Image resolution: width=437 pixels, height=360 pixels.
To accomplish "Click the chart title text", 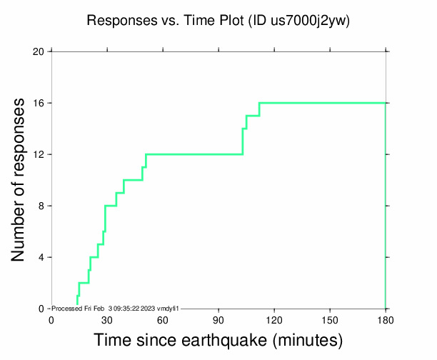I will point(218,21).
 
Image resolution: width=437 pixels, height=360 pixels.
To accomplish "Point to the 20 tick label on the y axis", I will point(39,51).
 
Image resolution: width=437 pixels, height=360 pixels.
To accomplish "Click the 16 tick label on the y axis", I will point(39,103).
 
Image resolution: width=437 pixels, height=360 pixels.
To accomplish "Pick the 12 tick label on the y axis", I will point(39,154).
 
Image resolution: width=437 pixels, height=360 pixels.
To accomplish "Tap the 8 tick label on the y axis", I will point(41,206).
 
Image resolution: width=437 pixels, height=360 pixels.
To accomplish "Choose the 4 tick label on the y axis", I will point(41,257).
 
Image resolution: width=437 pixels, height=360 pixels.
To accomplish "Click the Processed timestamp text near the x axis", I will point(115,309).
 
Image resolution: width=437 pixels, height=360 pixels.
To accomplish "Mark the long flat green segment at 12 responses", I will point(193,154).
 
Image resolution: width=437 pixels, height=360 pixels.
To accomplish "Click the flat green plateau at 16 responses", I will point(321,103).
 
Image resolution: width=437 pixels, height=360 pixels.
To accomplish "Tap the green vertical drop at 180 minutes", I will point(386,207).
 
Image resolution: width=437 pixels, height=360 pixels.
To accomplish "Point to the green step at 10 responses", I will point(133,180).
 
